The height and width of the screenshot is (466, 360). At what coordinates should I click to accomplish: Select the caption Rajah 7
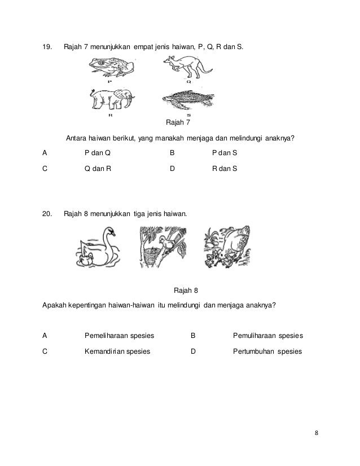click(x=177, y=122)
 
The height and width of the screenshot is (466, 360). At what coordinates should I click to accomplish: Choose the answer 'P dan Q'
click(x=97, y=152)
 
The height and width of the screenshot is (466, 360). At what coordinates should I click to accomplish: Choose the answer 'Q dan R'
click(x=97, y=168)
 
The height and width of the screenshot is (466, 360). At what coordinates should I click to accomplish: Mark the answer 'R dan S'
click(x=225, y=168)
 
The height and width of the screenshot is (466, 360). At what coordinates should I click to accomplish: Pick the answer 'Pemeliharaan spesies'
click(x=119, y=336)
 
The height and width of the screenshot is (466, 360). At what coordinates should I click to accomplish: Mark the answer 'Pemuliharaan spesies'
click(x=268, y=336)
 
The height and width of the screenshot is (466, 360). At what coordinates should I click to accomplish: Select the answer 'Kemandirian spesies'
click(x=117, y=351)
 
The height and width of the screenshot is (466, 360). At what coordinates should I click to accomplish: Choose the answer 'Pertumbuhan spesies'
click(x=267, y=351)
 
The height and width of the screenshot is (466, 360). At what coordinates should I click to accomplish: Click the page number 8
click(x=317, y=433)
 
